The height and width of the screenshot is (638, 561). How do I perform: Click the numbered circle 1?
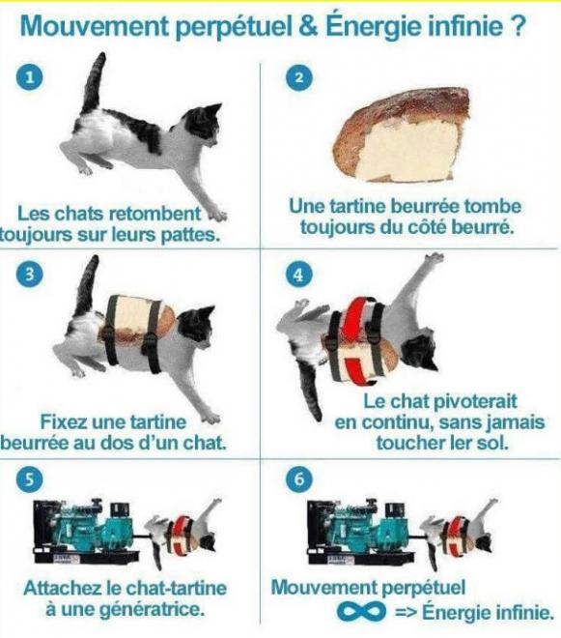[29, 76]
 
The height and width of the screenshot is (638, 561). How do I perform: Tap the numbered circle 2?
[298, 77]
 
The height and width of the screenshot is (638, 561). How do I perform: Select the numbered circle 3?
[29, 275]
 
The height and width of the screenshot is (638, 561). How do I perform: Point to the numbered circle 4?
[298, 275]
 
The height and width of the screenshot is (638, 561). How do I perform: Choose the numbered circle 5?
[29, 479]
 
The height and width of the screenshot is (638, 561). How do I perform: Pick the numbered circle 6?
[298, 478]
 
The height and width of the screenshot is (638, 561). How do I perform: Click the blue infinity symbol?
[361, 611]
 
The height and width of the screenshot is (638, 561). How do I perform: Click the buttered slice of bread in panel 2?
[402, 135]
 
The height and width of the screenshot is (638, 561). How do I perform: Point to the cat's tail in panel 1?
[94, 83]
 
